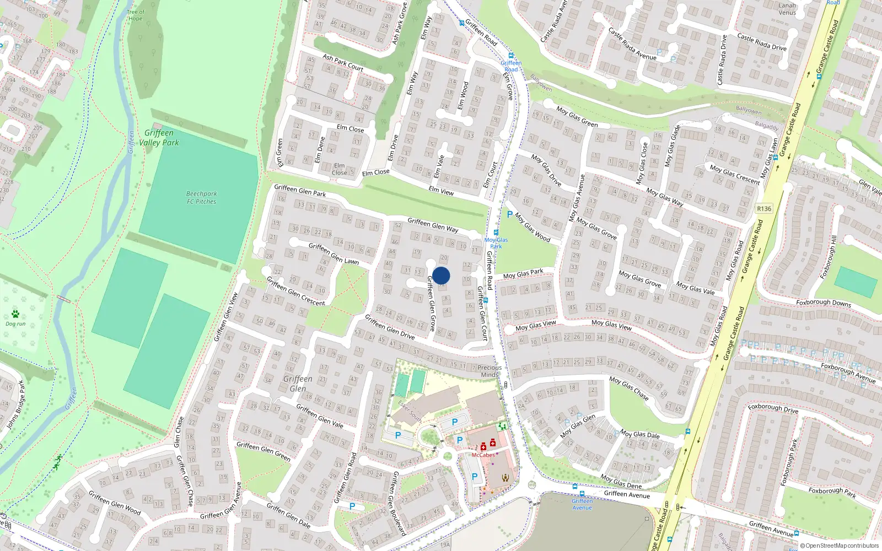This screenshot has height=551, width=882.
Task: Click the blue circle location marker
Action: (441, 275)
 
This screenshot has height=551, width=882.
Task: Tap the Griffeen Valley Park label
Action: (159, 138)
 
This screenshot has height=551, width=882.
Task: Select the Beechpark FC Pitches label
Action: (201, 198)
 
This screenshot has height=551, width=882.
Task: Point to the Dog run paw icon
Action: (15, 314)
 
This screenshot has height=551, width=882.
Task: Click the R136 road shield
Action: (764, 209)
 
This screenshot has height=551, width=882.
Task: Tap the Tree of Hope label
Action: (135, 15)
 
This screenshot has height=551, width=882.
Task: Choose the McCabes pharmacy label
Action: (483, 455)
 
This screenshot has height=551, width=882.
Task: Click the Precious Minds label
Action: (489, 371)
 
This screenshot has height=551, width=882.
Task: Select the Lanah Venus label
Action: (787, 9)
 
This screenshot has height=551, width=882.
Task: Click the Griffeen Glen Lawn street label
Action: (334, 253)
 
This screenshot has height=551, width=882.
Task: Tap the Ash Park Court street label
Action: (343, 62)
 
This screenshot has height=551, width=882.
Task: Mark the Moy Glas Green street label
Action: (577, 117)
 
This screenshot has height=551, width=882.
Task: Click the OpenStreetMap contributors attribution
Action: (839, 545)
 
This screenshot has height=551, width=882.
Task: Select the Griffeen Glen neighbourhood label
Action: (298, 383)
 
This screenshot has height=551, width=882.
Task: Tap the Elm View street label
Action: (441, 191)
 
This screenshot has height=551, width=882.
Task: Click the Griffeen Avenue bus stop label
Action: (582, 504)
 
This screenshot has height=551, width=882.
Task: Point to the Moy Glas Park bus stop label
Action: (496, 243)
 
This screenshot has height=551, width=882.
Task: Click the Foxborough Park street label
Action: (832, 491)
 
